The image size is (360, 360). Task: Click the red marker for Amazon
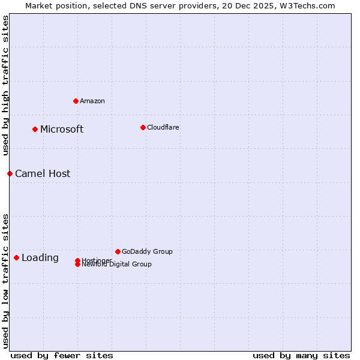click(76, 101)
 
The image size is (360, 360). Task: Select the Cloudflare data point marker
click(143, 127)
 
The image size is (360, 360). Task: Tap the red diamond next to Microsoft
click(35, 129)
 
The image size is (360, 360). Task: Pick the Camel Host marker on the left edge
click(10, 173)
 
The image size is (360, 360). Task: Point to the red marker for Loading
click(16, 257)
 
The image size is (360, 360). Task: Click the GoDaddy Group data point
click(118, 251)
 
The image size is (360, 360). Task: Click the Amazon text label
click(92, 101)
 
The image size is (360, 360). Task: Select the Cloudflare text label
click(163, 127)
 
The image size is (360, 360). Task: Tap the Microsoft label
click(62, 129)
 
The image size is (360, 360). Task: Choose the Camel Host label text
click(43, 173)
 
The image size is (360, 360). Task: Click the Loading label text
click(40, 257)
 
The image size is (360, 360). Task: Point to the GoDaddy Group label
click(147, 251)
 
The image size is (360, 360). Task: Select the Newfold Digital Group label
click(118, 265)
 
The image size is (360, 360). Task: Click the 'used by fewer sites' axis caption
click(62, 355)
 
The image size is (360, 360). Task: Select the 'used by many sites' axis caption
click(301, 355)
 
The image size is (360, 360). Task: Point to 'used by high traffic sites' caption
click(5, 85)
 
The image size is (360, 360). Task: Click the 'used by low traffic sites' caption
click(5, 280)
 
